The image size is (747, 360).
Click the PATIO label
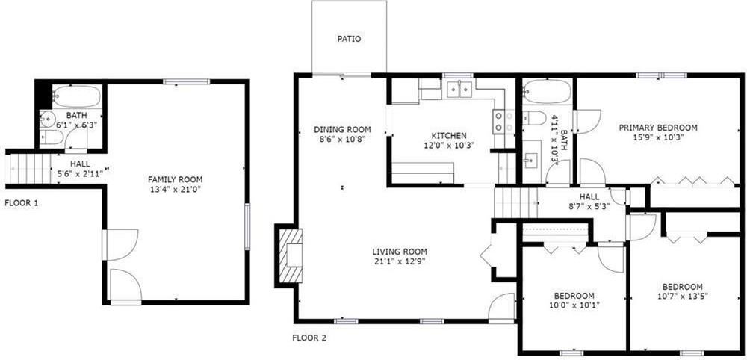(x=349, y=39)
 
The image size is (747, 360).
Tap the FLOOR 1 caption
(x=22, y=202)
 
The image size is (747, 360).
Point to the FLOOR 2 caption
(x=309, y=338)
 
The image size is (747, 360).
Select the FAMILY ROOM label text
(x=175, y=179)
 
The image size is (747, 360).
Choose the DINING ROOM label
(x=342, y=129)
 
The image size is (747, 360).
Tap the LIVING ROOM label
(x=400, y=252)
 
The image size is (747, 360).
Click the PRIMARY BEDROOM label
(x=658, y=128)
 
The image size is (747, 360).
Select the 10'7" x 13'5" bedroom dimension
(x=682, y=296)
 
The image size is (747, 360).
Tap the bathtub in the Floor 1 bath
(x=76, y=96)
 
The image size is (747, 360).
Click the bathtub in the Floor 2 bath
(x=547, y=92)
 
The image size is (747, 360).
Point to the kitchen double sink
(x=459, y=90)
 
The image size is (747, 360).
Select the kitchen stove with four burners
(x=503, y=121)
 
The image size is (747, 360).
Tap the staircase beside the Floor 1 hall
(x=28, y=167)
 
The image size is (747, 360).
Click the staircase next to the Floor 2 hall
(x=516, y=202)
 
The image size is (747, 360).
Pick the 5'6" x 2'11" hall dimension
(x=81, y=173)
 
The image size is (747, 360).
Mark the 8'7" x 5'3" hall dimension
(x=589, y=206)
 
